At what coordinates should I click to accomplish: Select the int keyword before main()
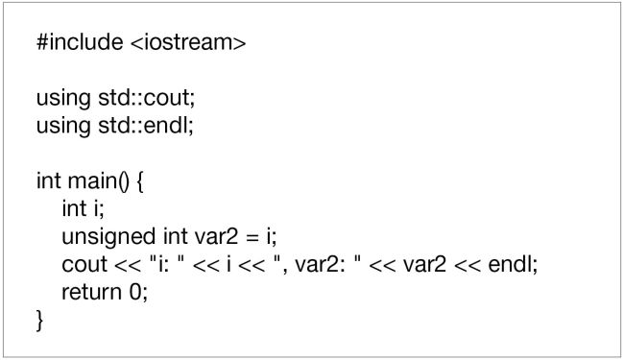click(x=47, y=180)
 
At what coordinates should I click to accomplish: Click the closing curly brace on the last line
click(x=40, y=319)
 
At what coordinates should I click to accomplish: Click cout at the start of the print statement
click(x=83, y=264)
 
